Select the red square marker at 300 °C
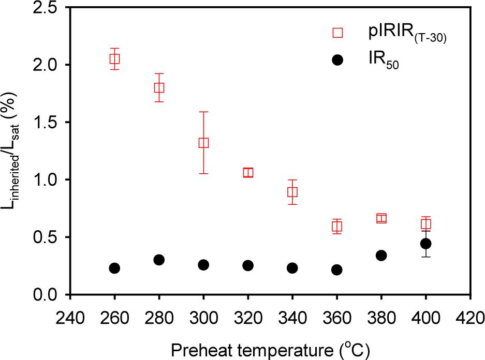(203, 143)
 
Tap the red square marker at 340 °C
(292, 192)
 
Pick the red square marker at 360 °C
(337, 226)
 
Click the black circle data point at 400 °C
(426, 243)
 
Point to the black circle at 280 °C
(159, 260)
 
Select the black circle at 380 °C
(381, 255)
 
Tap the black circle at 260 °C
(115, 268)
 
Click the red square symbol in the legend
(337, 33)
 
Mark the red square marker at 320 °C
(248, 172)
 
